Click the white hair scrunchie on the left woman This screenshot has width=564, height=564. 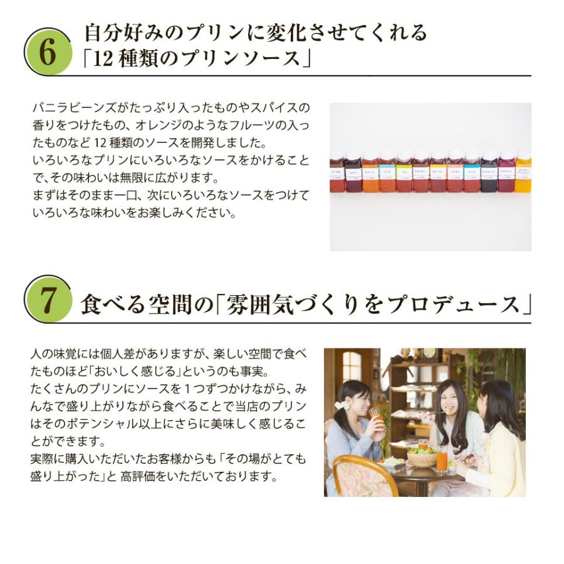(342, 405)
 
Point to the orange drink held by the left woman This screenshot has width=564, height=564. (376, 417)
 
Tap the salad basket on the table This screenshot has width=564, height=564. (422, 457)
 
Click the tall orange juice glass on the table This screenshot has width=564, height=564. (442, 459)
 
